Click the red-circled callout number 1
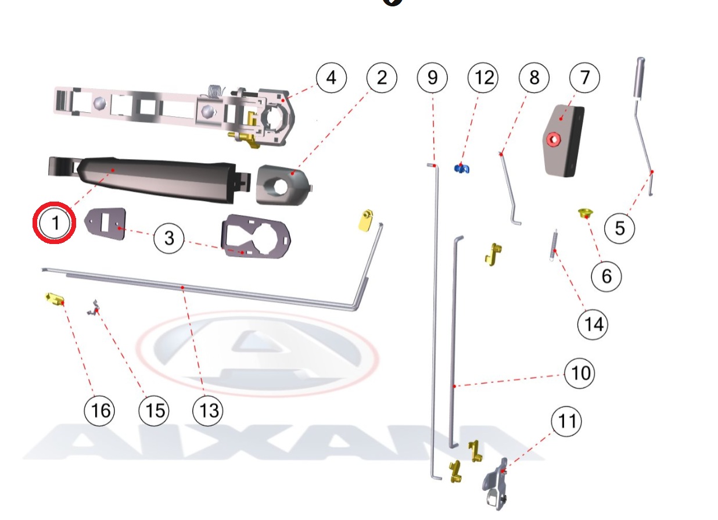[x=55, y=223]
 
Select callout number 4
[x=331, y=77]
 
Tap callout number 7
[x=585, y=77]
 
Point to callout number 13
[x=208, y=411]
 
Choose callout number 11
[x=566, y=420]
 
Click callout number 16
[x=100, y=411]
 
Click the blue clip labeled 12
[x=462, y=168]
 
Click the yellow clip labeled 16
[x=55, y=299]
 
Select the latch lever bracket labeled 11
[x=494, y=484]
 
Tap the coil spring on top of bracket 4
[x=216, y=92]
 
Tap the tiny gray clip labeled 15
[x=92, y=307]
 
